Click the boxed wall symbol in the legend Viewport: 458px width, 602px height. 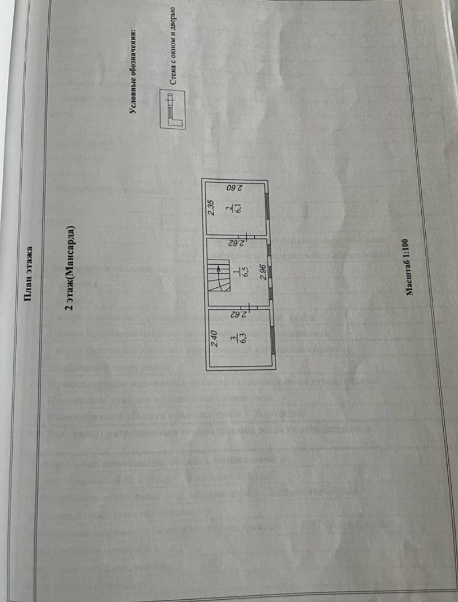pyautogui.click(x=169, y=109)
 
